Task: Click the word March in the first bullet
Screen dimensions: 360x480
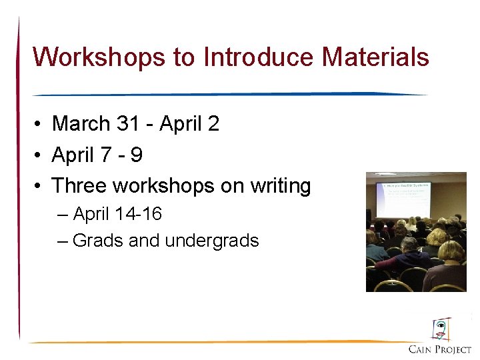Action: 81,124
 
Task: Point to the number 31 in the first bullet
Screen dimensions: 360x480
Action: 129,124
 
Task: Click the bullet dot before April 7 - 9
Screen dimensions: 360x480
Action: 40,156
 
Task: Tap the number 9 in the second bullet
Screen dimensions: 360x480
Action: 136,155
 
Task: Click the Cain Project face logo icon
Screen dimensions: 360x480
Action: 440,329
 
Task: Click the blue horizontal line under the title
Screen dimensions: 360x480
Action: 230,94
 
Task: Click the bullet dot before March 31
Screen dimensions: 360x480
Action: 40,125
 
